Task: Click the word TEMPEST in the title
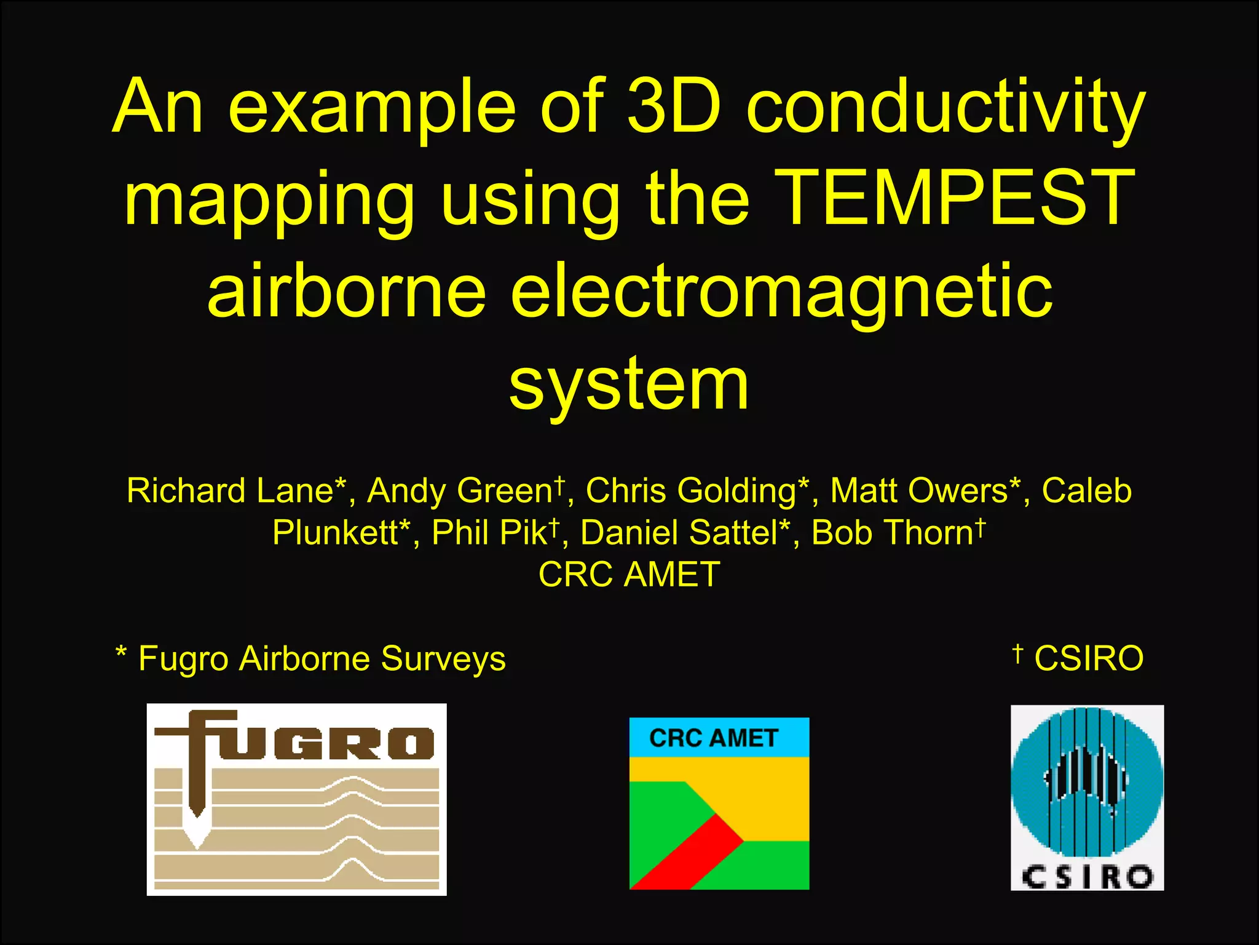pyautogui.click(x=954, y=198)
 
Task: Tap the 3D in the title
pyautogui.click(x=674, y=106)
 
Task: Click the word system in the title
pyautogui.click(x=629, y=384)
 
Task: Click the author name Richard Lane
pyautogui.click(x=237, y=491)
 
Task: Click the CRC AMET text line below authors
pyautogui.click(x=629, y=575)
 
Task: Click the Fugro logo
pyautogui.click(x=296, y=799)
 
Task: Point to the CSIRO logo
pyautogui.click(x=1087, y=797)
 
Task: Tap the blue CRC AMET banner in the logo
pyautogui.click(x=719, y=737)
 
